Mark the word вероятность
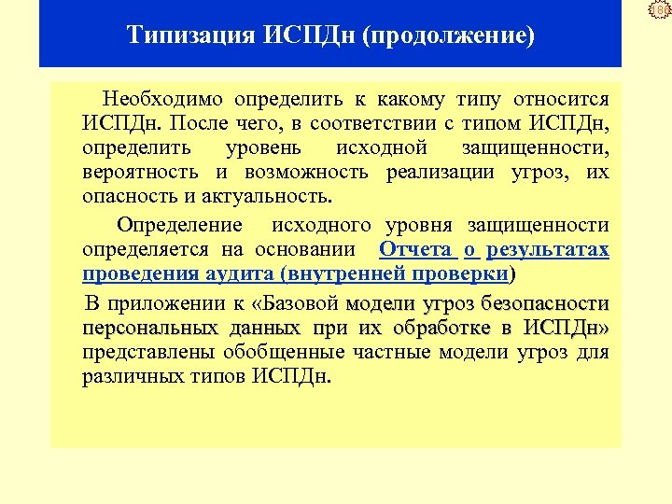(140, 172)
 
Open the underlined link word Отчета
(416, 249)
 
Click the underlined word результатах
(548, 249)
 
